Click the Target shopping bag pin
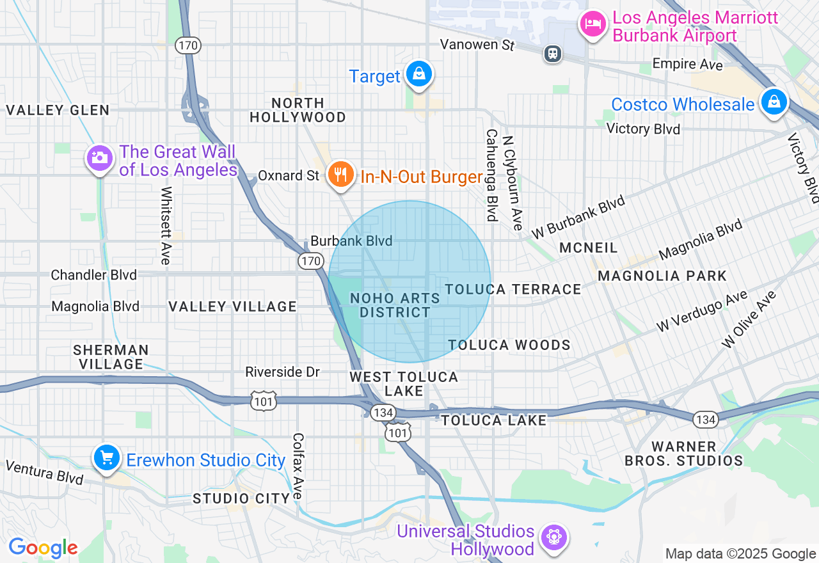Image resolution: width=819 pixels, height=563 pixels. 418,74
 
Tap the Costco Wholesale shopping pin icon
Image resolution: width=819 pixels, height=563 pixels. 774,102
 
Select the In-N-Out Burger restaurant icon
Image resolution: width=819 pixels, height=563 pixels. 341,174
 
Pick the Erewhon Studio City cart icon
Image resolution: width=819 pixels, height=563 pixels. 107,457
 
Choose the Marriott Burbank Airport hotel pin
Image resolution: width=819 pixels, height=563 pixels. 593,25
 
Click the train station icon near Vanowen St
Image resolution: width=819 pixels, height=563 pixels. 552,54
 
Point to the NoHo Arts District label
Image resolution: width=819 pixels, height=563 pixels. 395,305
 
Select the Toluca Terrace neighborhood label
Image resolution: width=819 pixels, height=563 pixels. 513,289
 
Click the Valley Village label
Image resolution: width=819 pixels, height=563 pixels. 233,306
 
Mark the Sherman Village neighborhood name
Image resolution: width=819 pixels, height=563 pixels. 111,357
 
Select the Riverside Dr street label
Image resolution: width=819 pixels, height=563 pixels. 282,372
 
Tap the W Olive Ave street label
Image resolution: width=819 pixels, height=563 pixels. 749,319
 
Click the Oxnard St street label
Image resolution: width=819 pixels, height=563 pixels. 288,175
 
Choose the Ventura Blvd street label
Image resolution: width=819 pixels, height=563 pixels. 44,472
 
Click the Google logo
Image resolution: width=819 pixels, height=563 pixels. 43,548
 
